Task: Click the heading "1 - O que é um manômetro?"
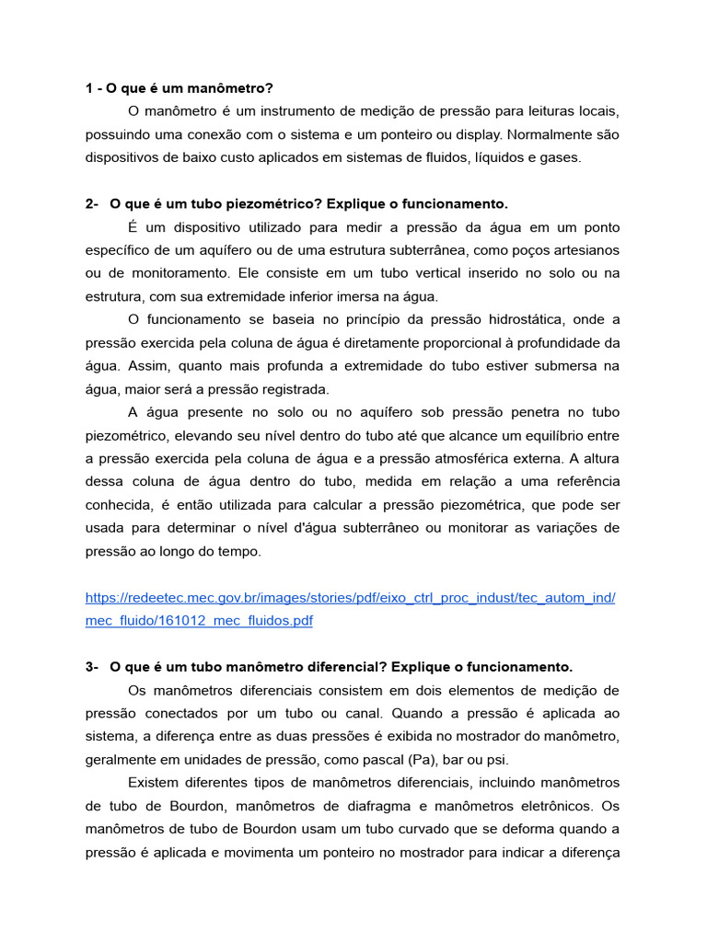click(180, 88)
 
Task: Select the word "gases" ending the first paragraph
click(560, 157)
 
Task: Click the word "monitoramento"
click(180, 273)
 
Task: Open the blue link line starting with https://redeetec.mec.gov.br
click(350, 598)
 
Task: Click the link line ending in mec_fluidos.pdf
click(199, 621)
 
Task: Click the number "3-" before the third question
click(92, 667)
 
